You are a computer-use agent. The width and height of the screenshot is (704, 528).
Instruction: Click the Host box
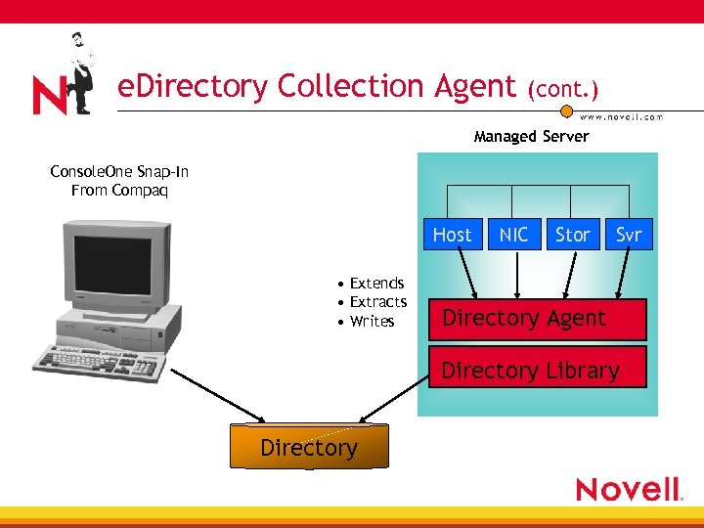pos(452,235)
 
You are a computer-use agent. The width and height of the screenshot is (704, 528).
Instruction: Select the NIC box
pos(513,235)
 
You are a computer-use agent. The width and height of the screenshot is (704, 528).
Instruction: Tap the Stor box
pos(572,235)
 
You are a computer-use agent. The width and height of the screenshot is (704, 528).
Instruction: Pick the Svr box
pos(629,235)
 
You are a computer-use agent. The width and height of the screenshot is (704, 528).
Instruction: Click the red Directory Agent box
pos(537,319)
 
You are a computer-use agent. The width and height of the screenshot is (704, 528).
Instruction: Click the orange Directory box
pos(309,447)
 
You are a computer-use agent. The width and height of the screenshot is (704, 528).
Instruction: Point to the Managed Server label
pos(531,136)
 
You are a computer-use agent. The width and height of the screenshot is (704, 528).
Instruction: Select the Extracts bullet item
pos(377,302)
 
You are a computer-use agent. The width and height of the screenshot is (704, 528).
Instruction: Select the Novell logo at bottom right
pos(628,489)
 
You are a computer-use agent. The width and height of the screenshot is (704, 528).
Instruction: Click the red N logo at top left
pos(49,95)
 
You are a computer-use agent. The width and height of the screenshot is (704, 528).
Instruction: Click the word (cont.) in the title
pos(562,89)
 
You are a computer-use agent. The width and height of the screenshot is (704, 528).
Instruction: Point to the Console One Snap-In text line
pos(119,172)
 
